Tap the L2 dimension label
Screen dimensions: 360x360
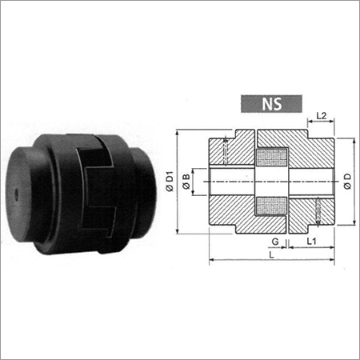click(321, 117)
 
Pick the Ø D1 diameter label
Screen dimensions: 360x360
click(169, 182)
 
